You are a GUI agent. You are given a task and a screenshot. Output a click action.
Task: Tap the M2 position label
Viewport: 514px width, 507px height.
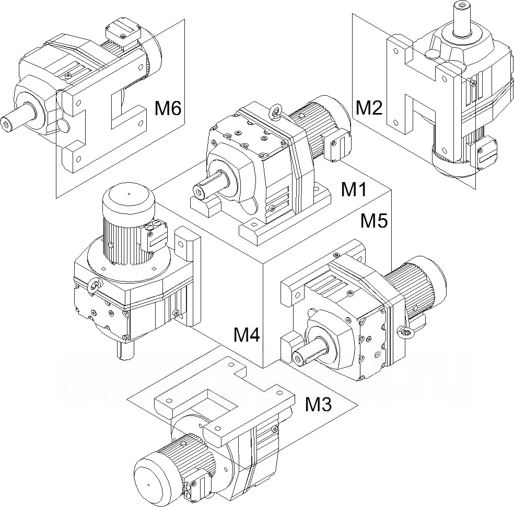click(x=369, y=108)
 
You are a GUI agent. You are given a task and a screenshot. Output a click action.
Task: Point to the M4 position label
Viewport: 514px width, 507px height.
click(x=247, y=335)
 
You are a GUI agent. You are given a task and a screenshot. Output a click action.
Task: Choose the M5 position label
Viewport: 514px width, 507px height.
click(x=375, y=221)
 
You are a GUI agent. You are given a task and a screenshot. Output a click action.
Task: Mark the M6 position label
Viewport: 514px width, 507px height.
click(x=168, y=109)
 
